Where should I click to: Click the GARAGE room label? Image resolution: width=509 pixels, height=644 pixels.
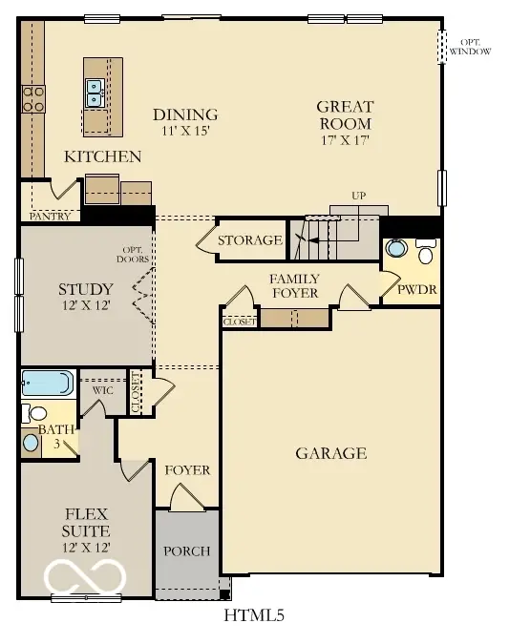[x=330, y=453]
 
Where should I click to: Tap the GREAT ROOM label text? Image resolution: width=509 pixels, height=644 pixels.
[x=345, y=115]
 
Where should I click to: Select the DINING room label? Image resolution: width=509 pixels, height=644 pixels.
[x=185, y=114]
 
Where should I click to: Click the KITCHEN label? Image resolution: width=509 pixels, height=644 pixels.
[x=103, y=156]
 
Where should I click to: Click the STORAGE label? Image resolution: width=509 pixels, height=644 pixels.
[x=250, y=240]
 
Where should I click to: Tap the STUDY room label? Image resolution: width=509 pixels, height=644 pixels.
[x=86, y=289]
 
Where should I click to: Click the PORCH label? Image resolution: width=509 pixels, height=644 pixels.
[x=187, y=551]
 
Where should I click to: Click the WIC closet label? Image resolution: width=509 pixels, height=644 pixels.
[x=103, y=390]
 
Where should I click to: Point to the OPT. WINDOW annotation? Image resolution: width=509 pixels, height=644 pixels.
[x=470, y=46]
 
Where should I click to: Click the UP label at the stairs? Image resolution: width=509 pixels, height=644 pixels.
[x=359, y=197]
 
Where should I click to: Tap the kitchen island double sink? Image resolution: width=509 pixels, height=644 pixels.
[x=95, y=93]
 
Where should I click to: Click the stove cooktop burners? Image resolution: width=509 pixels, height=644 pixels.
[x=33, y=98]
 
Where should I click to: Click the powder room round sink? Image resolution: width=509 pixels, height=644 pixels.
[x=394, y=250]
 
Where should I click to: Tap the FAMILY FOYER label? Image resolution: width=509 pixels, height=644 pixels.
[x=293, y=285]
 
